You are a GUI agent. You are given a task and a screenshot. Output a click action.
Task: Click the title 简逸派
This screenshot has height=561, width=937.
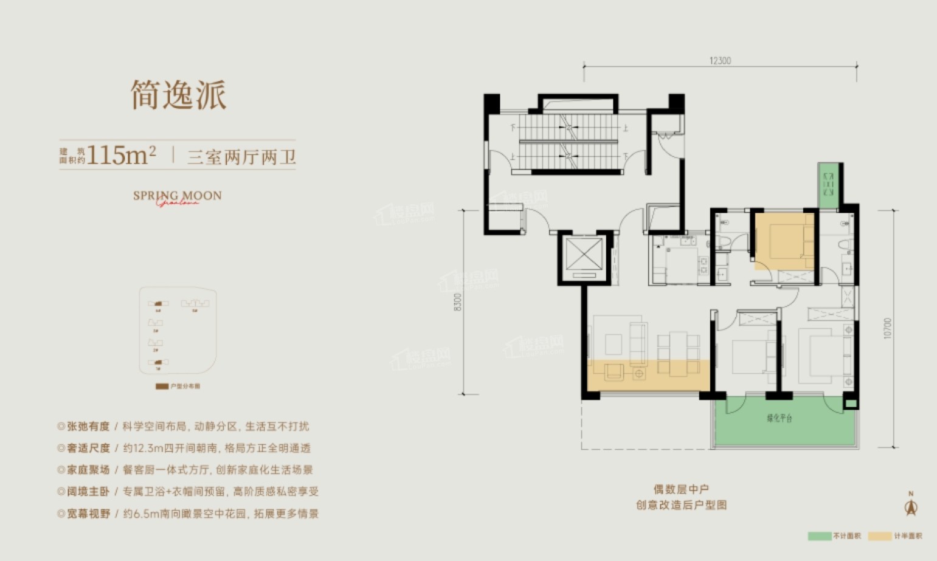coord(179,95)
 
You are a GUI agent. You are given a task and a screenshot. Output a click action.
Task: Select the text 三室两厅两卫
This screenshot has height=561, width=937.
coord(241,157)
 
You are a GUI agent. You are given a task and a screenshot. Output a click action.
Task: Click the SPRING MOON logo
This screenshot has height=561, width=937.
coord(177,196)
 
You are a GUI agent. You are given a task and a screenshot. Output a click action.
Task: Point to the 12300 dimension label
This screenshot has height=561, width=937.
coord(720,61)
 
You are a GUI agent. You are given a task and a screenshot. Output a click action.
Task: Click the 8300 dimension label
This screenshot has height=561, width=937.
coord(457,302)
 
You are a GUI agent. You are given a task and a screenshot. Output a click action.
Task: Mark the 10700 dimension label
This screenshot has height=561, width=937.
coord(888,328)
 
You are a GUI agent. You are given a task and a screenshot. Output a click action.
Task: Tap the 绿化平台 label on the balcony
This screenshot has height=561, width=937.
coord(780,418)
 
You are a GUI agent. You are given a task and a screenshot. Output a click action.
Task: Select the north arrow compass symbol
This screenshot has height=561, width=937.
coord(911,506)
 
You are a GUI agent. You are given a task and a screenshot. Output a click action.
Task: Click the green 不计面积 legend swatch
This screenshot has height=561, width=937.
coord(819,536)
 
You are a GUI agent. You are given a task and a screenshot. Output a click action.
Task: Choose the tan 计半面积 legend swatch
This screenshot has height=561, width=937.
coord(880,536)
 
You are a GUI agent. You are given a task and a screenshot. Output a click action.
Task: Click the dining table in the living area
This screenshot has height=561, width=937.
coord(679,353)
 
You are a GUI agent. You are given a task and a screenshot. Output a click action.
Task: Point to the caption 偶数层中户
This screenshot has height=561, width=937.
coord(681,489)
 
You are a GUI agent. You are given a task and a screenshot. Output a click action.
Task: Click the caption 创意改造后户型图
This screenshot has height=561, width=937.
coord(681,505)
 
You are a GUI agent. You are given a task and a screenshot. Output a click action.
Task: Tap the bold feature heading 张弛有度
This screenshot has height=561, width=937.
coord(88,427)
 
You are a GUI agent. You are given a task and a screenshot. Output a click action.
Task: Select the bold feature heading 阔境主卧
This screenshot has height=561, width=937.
coord(88,492)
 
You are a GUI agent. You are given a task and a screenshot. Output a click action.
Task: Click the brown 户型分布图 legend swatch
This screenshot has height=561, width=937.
coord(162,386)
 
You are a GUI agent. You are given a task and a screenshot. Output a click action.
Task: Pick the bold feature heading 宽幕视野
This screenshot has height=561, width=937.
coord(88,514)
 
